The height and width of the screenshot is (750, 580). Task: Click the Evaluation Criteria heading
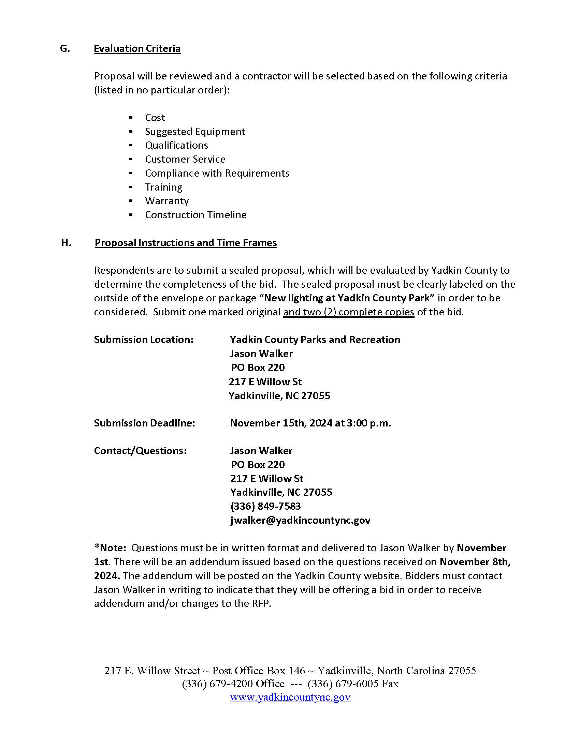point(137,49)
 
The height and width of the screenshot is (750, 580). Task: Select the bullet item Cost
point(155,118)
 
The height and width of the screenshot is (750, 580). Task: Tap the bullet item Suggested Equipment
point(195,132)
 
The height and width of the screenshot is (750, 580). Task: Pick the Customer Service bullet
point(185,159)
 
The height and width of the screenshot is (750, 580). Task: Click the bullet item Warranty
point(166,201)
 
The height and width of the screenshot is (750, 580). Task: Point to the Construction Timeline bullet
point(195,215)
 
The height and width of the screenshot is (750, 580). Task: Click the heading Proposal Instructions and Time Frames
point(186,243)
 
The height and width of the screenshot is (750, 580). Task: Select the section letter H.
point(66,243)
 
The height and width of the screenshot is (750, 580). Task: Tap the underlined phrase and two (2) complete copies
point(348,312)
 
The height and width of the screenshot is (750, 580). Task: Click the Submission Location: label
point(144,340)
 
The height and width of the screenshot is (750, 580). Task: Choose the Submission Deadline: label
point(144,423)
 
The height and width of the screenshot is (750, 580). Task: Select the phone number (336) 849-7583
point(265,506)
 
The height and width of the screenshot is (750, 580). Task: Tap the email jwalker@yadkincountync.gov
point(300,520)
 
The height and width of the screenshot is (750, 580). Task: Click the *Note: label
point(110,548)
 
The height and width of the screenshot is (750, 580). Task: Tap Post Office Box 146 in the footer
point(258,671)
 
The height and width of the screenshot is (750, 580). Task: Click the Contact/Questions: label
point(140,451)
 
